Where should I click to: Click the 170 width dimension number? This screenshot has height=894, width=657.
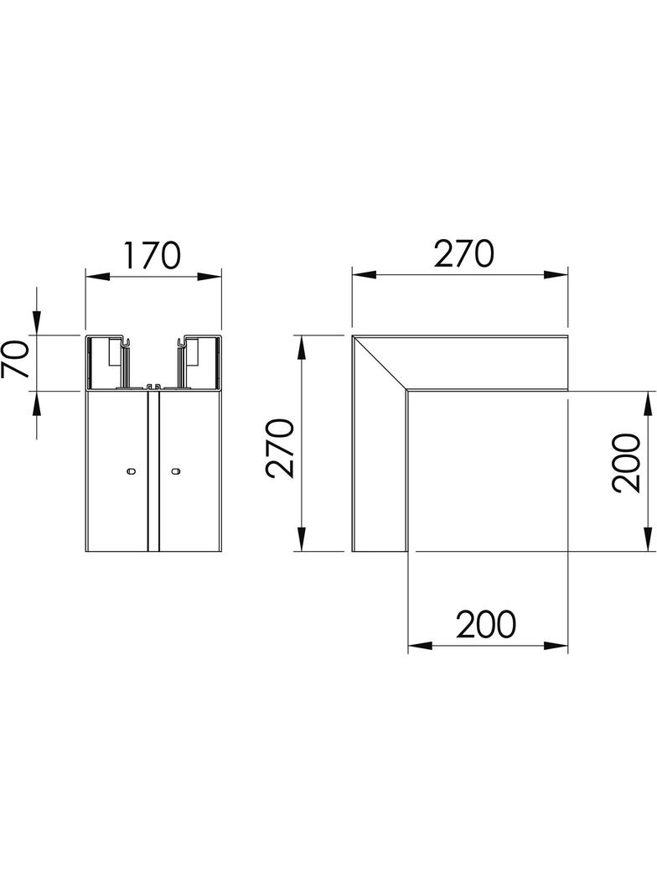coord(153,256)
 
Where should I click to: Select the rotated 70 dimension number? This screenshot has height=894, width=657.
coord(17,361)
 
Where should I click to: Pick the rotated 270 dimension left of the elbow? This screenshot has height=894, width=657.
coord(281,449)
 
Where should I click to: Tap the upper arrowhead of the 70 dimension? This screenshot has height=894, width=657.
coord(37,324)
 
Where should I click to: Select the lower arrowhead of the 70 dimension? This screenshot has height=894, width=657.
coord(37,404)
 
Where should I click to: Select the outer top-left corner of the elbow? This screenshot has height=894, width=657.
coord(353,337)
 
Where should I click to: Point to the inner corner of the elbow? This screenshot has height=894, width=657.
coord(408,390)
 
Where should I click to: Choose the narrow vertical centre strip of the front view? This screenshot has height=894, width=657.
coord(153,470)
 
